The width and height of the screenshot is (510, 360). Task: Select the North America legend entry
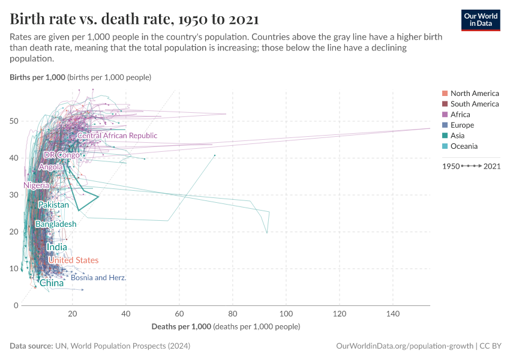tap(474, 93)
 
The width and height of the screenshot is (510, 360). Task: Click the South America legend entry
tap(474, 104)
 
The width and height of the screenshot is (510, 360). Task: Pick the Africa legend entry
tap(460, 115)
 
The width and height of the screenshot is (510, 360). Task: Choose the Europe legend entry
tap(462, 125)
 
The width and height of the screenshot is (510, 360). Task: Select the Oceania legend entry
tap(464, 146)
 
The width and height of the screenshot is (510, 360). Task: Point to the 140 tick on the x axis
tap(393, 314)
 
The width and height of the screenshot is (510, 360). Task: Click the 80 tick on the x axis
tap(233, 314)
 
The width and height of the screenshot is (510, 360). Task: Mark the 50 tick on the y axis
tap(13, 121)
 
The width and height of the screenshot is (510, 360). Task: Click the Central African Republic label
tap(117, 136)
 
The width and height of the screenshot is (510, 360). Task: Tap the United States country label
tap(73, 260)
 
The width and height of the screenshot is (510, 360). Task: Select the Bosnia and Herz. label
tap(98, 278)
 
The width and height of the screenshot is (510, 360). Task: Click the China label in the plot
tap(52, 283)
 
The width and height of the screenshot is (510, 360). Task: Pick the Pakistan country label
tap(53, 205)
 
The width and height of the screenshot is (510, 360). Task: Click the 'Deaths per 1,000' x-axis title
tap(181, 326)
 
